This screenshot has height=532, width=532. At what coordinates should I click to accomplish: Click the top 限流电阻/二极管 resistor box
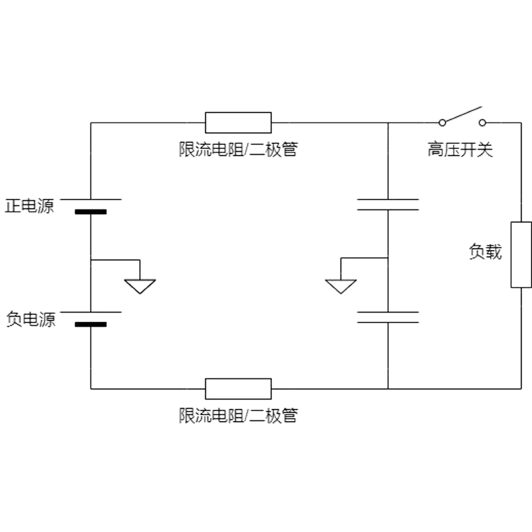point(238,123)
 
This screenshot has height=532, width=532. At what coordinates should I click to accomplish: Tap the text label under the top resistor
point(237,150)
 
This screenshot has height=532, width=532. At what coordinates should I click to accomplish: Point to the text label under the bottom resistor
point(237,416)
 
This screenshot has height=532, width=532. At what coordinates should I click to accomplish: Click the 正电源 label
point(30,205)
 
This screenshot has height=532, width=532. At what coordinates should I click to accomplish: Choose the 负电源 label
point(30,319)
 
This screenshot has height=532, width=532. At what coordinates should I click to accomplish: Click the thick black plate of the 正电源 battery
point(90,213)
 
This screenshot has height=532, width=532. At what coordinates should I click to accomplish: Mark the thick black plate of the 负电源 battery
point(90,325)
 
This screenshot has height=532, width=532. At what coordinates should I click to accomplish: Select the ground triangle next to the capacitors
point(341,286)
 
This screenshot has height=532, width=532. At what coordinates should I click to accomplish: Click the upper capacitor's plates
point(388,204)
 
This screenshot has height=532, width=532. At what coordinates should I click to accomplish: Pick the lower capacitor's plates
point(388,316)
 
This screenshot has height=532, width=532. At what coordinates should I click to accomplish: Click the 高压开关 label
point(460,150)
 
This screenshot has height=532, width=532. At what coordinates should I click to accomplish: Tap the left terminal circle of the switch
point(441,123)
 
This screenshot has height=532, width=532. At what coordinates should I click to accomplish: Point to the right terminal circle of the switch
point(482,123)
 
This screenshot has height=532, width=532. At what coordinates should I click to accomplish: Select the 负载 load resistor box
point(521,255)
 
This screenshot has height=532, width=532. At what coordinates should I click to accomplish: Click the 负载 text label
point(485,253)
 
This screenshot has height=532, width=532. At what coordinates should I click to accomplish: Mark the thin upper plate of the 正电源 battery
point(90,199)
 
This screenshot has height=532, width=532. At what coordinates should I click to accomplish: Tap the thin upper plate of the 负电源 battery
point(90,311)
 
